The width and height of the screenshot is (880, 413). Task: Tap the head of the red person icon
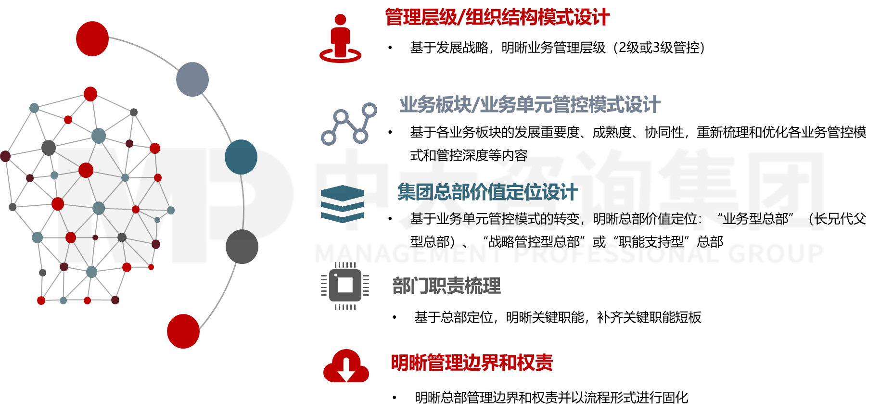pyautogui.click(x=340, y=20)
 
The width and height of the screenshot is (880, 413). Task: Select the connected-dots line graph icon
pyautogui.click(x=349, y=124)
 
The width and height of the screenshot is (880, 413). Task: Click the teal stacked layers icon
pyautogui.click(x=343, y=204)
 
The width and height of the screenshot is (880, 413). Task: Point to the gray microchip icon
pyautogui.click(x=345, y=286)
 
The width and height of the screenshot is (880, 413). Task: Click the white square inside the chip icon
pyautogui.click(x=345, y=285)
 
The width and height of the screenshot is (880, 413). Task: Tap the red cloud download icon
pyautogui.click(x=346, y=366)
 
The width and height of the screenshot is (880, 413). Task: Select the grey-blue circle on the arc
pyautogui.click(x=192, y=79)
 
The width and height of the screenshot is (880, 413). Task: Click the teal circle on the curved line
pyautogui.click(x=241, y=157)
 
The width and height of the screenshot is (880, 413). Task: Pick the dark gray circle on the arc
pyautogui.click(x=242, y=247)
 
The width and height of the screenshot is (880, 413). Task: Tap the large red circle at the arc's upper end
pyautogui.click(x=92, y=39)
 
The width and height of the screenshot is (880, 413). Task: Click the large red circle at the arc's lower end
pyautogui.click(x=183, y=331)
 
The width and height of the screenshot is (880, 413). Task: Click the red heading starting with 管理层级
pyautogui.click(x=497, y=18)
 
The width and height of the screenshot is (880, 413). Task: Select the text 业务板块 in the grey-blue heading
pyautogui.click(x=435, y=105)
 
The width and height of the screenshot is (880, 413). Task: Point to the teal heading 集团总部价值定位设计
pyautogui.click(x=487, y=192)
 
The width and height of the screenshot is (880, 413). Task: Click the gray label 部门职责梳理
pyautogui.click(x=446, y=286)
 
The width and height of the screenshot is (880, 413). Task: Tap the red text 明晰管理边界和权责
pyautogui.click(x=472, y=363)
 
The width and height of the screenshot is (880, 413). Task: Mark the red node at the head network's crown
pyautogui.click(x=90, y=94)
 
